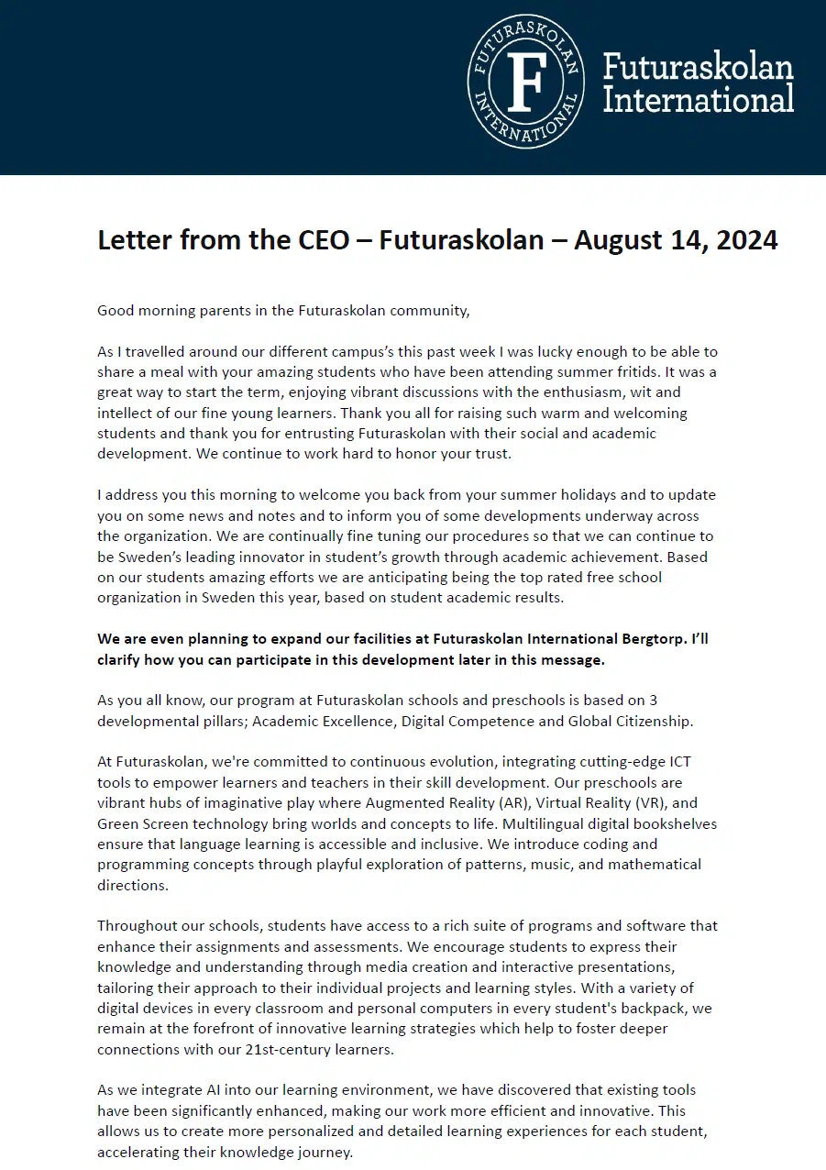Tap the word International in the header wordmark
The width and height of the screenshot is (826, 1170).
[x=698, y=99]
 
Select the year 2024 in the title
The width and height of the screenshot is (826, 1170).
[x=742, y=240]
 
